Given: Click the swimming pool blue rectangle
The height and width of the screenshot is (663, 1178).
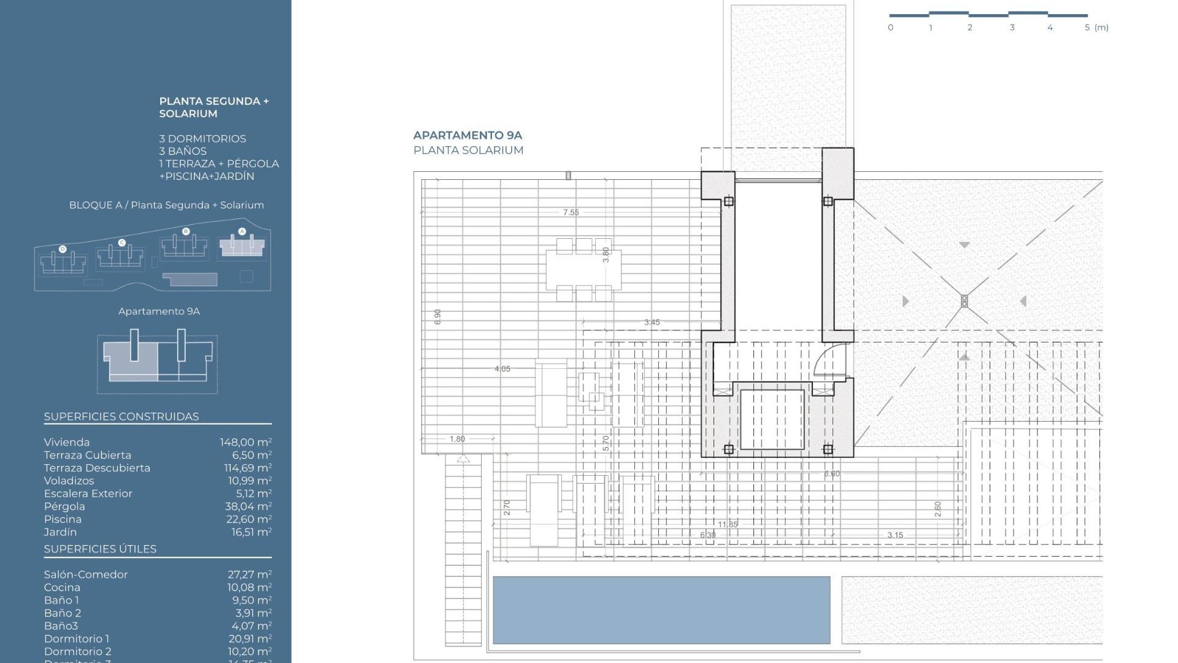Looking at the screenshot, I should point(661,610).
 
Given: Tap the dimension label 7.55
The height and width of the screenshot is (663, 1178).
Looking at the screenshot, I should point(571,212).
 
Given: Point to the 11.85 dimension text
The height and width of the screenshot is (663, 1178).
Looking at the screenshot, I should point(728,524).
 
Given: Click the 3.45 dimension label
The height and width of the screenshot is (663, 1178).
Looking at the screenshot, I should point(652,322).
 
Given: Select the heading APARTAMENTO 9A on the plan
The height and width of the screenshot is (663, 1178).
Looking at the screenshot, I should point(468,135).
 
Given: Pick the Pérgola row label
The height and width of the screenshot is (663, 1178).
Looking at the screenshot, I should point(64,506).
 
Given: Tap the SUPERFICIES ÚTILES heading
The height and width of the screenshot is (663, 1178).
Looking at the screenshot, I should point(100,549).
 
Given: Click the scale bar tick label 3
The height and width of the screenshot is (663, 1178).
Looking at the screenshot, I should point(1012,28).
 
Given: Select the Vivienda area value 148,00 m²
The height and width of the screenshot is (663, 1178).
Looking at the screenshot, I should point(245,442).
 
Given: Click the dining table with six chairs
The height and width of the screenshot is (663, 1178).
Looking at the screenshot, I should point(583,269).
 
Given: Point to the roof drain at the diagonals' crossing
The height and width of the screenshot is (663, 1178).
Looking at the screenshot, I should point(964,301).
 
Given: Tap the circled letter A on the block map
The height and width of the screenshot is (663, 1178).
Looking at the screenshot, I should point(242,231).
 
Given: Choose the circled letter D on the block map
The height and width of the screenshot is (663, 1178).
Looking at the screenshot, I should point(63,249).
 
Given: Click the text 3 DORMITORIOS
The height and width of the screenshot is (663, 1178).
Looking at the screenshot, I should point(202,139).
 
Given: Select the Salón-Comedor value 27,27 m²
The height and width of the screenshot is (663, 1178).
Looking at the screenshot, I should point(249,575).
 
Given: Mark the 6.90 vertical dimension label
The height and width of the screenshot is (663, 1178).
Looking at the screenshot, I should point(437,317).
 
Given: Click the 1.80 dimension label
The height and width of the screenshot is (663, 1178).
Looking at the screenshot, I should point(457,439).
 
